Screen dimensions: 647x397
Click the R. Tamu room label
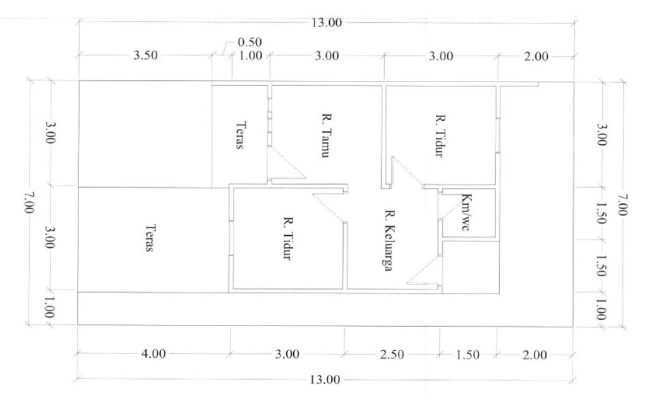(325, 135)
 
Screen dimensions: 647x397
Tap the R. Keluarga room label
(389, 241)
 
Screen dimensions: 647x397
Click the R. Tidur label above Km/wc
(440, 135)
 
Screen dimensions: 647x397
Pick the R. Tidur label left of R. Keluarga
(287, 238)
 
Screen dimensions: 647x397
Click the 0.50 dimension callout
(250, 42)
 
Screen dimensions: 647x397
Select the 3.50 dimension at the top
(145, 55)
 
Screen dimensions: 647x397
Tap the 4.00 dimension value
(154, 353)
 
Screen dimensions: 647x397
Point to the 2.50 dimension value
(392, 355)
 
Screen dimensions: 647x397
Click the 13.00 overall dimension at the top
(327, 22)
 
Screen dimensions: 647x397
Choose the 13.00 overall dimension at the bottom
(325, 379)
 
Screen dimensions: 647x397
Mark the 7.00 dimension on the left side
(28, 203)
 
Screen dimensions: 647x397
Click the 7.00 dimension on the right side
(622, 204)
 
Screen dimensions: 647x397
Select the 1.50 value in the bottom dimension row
(468, 355)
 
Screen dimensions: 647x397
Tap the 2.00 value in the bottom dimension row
(535, 355)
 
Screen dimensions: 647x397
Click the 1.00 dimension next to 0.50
(250, 55)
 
